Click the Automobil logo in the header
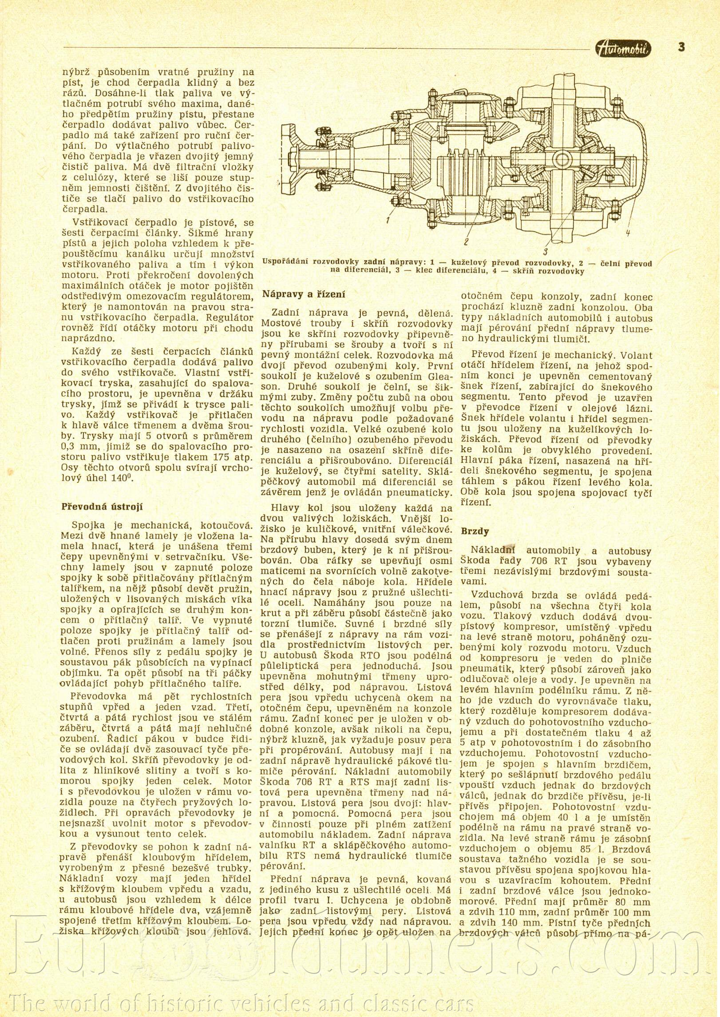point(623,48)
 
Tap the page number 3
point(681,47)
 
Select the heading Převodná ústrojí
point(102,506)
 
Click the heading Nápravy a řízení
point(304,294)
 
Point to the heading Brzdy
point(475,531)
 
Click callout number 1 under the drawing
point(388,220)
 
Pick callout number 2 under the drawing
point(466,242)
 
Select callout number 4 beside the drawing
point(629,232)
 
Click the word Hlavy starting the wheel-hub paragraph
point(285,508)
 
